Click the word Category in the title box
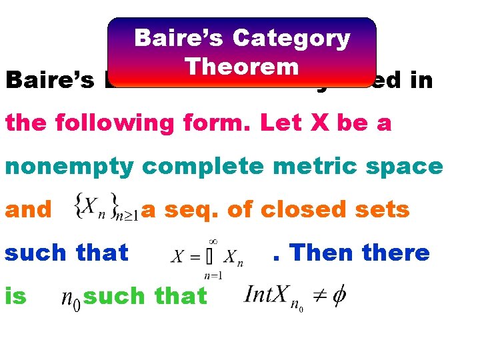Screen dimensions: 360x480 pyautogui.click(x=291, y=39)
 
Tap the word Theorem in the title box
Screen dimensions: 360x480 pyautogui.click(x=242, y=67)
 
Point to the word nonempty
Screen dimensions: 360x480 pyautogui.click(x=69, y=166)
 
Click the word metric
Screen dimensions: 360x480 pyautogui.click(x=309, y=166)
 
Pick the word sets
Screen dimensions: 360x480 pyautogui.click(x=383, y=209)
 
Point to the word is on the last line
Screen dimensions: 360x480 pyautogui.click(x=16, y=295)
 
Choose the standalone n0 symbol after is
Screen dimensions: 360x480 pyautogui.click(x=71, y=297)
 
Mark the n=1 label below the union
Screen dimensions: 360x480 pyautogui.click(x=213, y=275)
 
